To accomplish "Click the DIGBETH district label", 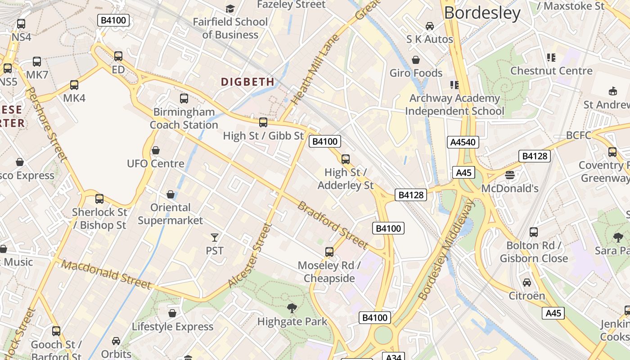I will [247, 82].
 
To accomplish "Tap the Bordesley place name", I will [482, 13].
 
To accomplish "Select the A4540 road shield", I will [463, 142].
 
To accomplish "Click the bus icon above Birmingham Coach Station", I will [184, 99].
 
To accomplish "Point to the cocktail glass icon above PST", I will [215, 237].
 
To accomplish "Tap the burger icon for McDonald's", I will [510, 175].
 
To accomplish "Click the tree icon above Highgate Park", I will [292, 308].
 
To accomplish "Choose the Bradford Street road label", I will [333, 225].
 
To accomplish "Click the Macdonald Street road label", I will [106, 274].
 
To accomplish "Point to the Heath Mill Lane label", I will [315, 70].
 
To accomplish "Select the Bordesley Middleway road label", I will [446, 250].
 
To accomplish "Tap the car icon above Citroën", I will [527, 283].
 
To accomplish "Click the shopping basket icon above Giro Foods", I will [416, 60].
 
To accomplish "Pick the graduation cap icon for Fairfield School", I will [230, 9].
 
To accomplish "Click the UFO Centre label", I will [156, 163].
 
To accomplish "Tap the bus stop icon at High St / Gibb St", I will [263, 122].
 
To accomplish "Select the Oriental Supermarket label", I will [171, 214].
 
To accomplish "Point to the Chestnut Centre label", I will [551, 71].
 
